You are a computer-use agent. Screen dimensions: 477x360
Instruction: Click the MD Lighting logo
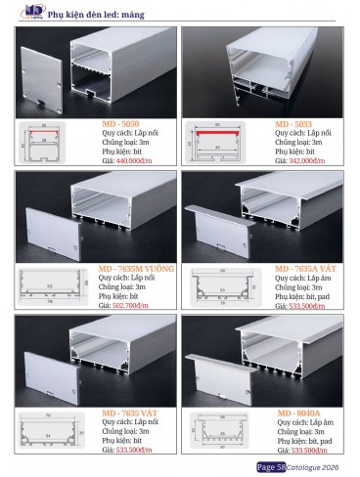(x=13, y=11)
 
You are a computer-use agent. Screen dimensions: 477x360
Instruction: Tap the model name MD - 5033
(x=293, y=126)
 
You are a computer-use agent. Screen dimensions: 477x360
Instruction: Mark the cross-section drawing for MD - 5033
(x=229, y=142)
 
